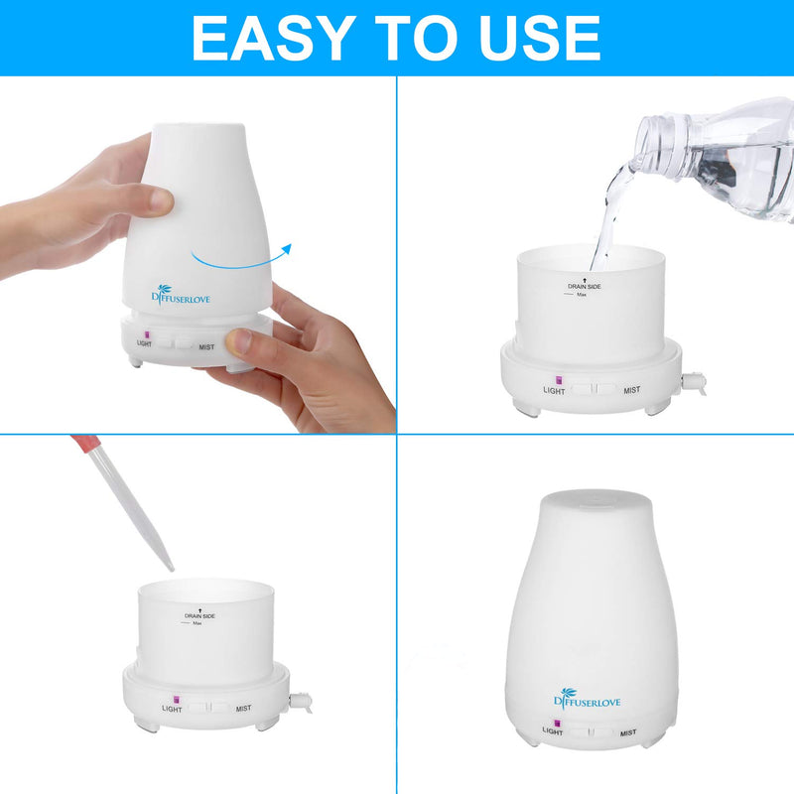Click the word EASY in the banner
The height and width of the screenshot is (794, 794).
pos(274,38)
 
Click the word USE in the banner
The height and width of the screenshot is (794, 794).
pos(537,38)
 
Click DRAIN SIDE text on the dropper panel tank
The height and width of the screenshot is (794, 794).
pos(199,616)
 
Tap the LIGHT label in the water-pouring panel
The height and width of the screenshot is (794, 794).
pos(554,391)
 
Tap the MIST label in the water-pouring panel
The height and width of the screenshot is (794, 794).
pos(631,391)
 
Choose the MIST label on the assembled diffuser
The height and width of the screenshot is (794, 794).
pos(627,731)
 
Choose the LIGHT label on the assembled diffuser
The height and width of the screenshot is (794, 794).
pos(553,731)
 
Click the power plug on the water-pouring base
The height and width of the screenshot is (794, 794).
pos(696,381)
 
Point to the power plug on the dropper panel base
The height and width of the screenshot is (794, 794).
pos(294,701)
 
